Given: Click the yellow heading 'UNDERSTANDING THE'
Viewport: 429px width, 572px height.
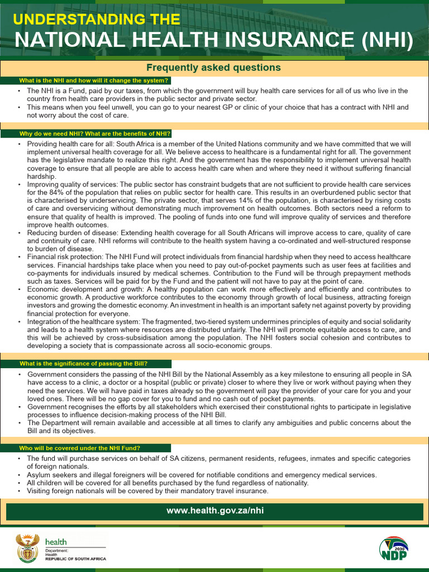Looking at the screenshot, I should click(x=96, y=20).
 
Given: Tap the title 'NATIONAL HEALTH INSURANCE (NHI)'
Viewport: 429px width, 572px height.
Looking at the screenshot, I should click(x=214, y=41).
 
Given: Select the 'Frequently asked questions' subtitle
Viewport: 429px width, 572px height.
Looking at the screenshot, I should click(x=213, y=68).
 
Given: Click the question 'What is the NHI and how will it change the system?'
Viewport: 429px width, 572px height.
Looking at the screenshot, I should click(x=93, y=80).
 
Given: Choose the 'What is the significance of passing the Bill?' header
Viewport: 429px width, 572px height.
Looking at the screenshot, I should click(x=83, y=364).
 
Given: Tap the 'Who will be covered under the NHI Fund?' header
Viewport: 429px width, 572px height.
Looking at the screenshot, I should click(x=80, y=448).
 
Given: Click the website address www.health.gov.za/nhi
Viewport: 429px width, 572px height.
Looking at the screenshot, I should click(x=214, y=511).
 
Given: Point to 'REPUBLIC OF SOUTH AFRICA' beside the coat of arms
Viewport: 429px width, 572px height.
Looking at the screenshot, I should click(x=75, y=559).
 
